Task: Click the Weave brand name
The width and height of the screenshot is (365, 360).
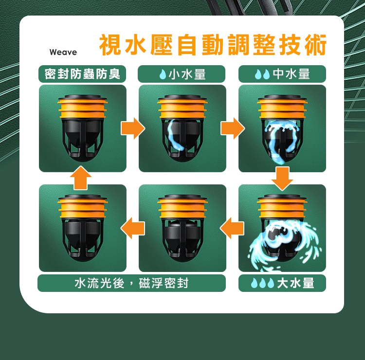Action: click(x=63, y=52)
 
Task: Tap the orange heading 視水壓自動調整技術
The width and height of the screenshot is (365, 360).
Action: click(x=213, y=45)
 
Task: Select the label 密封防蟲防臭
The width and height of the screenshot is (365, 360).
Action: click(x=82, y=74)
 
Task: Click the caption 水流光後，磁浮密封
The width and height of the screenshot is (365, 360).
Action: click(x=131, y=283)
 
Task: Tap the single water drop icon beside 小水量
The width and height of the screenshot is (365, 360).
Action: click(x=163, y=74)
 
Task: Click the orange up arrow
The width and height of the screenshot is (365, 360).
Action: click(x=80, y=178)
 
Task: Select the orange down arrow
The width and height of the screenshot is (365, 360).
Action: click(x=282, y=179)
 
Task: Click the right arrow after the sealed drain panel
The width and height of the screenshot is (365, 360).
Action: click(x=133, y=128)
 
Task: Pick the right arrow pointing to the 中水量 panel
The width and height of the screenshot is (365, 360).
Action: click(x=233, y=128)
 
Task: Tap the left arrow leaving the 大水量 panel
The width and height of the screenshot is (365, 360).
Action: click(x=232, y=228)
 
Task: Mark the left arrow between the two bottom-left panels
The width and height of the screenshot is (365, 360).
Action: click(x=133, y=228)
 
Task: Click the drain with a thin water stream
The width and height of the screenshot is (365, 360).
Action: click(x=182, y=128)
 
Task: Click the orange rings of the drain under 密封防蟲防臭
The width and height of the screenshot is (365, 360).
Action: click(x=83, y=108)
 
